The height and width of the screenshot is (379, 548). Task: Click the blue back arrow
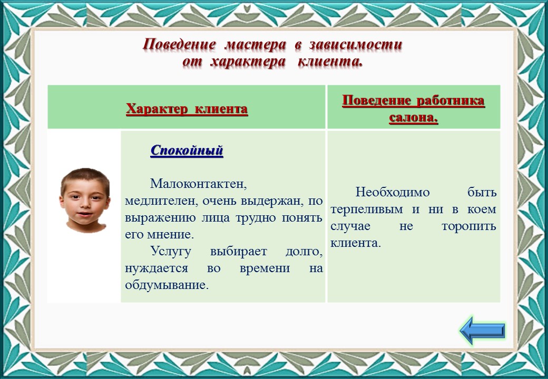click(x=482, y=330)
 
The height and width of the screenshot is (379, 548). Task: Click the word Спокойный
click(x=187, y=151)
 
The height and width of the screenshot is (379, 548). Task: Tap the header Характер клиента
click(x=187, y=108)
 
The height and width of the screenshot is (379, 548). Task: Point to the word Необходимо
click(x=393, y=192)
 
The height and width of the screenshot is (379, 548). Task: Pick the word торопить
click(x=469, y=226)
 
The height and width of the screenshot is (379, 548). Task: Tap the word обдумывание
click(x=167, y=285)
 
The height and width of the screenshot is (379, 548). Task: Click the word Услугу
click(x=171, y=252)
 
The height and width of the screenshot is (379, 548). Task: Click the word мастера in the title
click(x=256, y=45)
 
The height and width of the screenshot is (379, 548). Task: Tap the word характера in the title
click(x=249, y=62)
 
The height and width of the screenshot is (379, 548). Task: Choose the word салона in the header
click(x=414, y=117)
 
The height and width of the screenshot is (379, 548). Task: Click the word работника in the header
click(x=451, y=101)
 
